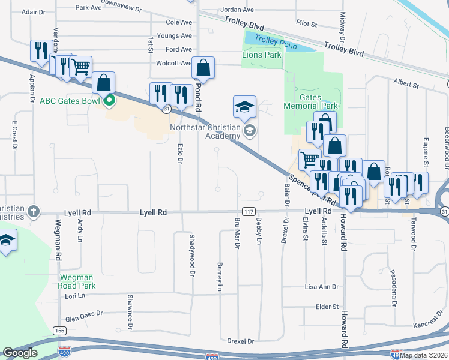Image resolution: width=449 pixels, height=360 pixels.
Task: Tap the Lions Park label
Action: pyautogui.click(x=261, y=55)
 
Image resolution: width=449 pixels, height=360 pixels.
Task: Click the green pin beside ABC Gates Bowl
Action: pyautogui.click(x=109, y=100)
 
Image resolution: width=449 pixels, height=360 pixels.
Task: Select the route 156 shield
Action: pyautogui.click(x=59, y=331)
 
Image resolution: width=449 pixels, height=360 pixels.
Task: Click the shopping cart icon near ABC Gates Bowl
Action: pyautogui.click(x=81, y=67)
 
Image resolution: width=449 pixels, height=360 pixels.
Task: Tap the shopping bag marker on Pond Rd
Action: pyautogui.click(x=203, y=68)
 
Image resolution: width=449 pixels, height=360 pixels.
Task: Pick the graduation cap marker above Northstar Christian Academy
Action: pyautogui.click(x=244, y=107)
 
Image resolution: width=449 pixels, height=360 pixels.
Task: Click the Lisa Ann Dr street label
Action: pyautogui.click(x=322, y=287)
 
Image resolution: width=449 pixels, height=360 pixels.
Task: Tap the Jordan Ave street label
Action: pyautogui.click(x=237, y=10)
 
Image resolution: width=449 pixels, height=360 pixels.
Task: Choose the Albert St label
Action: pyautogui.click(x=406, y=85)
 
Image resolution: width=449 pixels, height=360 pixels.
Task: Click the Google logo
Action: pyautogui.click(x=20, y=353)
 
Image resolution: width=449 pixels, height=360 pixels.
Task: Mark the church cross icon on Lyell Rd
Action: pyautogui.click(x=34, y=212)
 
